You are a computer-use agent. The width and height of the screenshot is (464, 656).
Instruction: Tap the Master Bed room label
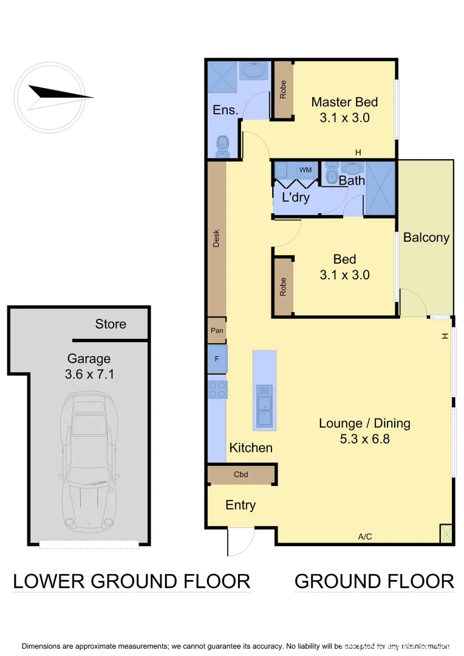[344, 102]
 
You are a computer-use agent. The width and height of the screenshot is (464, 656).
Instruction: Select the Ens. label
[225, 110]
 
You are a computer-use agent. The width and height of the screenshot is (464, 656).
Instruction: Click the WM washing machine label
[305, 169]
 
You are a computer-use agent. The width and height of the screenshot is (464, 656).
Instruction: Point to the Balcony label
[426, 237]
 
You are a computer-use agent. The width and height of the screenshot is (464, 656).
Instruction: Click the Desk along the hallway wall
[216, 238]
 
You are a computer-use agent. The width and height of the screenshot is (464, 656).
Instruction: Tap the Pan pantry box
[217, 331]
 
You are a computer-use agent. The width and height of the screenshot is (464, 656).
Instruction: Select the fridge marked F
[217, 359]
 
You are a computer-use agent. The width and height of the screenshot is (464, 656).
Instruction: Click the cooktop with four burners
[217, 389]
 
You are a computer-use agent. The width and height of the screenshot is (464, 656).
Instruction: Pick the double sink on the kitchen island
[264, 406]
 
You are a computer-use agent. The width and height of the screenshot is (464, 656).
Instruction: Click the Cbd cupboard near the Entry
[241, 474]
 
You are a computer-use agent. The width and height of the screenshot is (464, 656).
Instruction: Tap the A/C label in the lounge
[364, 536]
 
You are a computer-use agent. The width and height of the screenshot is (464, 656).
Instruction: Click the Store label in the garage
[111, 324]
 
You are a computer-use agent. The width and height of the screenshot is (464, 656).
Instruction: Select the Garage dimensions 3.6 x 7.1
[89, 375]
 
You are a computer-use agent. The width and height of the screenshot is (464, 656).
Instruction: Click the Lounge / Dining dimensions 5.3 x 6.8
[364, 438]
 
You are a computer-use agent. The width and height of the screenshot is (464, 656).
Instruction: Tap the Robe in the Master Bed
[282, 90]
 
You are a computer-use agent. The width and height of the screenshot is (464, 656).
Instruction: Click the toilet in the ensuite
[223, 145]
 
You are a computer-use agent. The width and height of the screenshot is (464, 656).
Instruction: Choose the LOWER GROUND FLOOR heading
[131, 581]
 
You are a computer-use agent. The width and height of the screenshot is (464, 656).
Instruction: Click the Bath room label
[352, 180]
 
